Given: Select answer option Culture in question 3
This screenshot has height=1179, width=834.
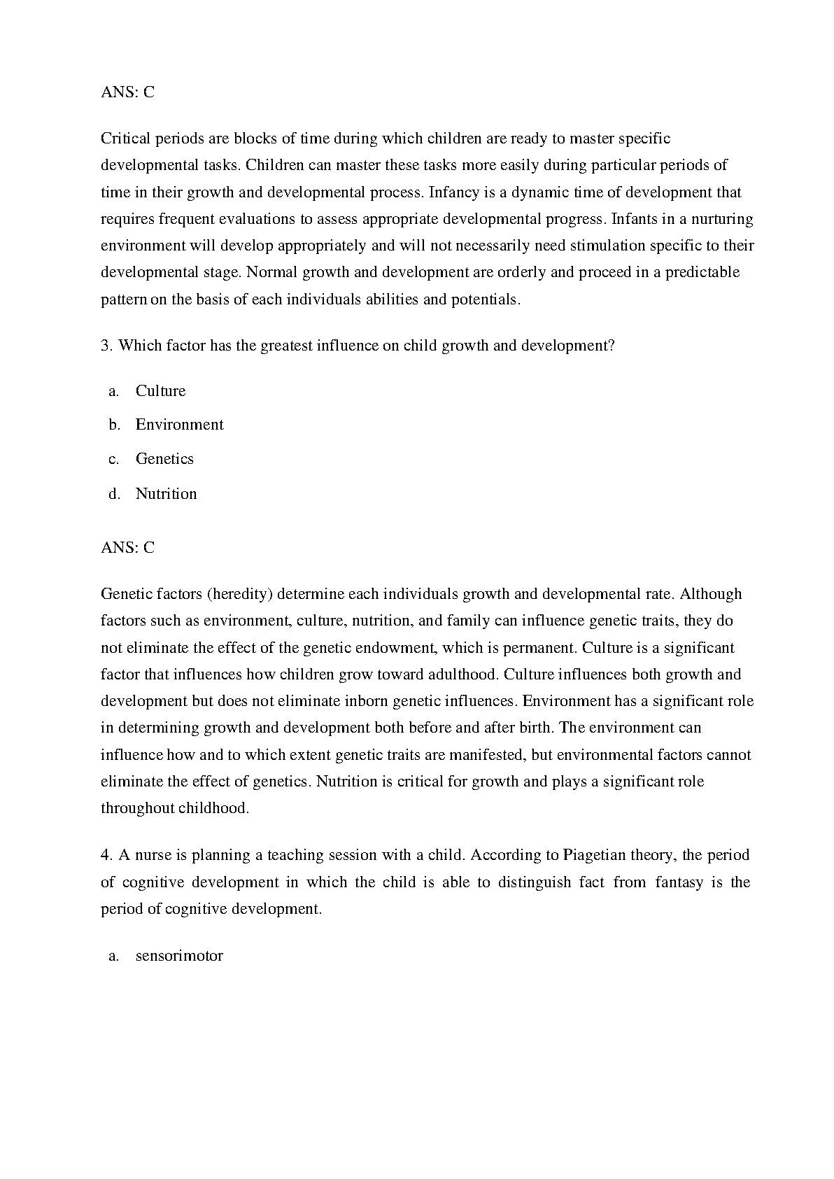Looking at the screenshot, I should pyautogui.click(x=160, y=391).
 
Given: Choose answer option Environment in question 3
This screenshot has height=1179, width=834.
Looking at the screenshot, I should pyautogui.click(x=179, y=425).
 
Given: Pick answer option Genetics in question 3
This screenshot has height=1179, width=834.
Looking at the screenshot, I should pyautogui.click(x=164, y=459).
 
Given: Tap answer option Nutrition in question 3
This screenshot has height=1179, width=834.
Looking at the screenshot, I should pyautogui.click(x=166, y=494).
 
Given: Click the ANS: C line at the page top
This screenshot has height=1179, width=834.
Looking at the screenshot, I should pyautogui.click(x=127, y=92).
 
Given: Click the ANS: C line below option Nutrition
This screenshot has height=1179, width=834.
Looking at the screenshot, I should pyautogui.click(x=127, y=548).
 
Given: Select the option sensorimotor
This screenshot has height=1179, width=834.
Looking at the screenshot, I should pyautogui.click(x=179, y=956).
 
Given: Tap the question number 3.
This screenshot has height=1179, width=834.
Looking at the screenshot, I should pyautogui.click(x=106, y=346).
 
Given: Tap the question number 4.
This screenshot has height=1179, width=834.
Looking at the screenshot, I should pyautogui.click(x=106, y=855).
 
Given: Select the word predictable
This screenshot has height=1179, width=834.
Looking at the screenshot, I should pyautogui.click(x=702, y=272).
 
